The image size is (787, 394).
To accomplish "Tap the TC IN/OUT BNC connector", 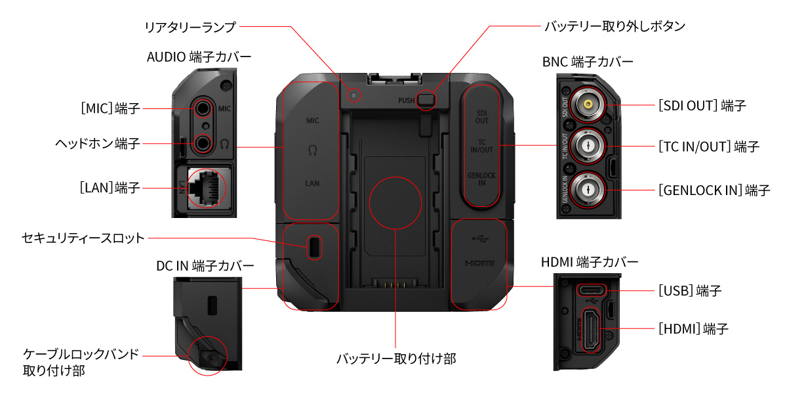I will pos(586,146).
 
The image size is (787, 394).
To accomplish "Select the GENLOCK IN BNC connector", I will pos(586,190).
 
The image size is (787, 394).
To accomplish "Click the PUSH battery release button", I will pos(427,100).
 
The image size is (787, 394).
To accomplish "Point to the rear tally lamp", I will pos(355,95).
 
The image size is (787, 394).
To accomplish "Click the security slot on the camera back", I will pos(315,246).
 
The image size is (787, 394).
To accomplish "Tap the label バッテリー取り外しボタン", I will pos(615,26).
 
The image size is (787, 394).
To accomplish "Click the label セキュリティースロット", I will pos(83,238).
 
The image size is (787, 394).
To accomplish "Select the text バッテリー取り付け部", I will pos(395,359).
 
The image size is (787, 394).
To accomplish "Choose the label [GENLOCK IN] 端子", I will pos(714,190).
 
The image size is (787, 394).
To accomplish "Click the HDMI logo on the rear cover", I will pos(479,263).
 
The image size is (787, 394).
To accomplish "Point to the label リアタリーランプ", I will pos(190,26).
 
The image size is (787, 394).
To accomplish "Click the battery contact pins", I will pos(395,284).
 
